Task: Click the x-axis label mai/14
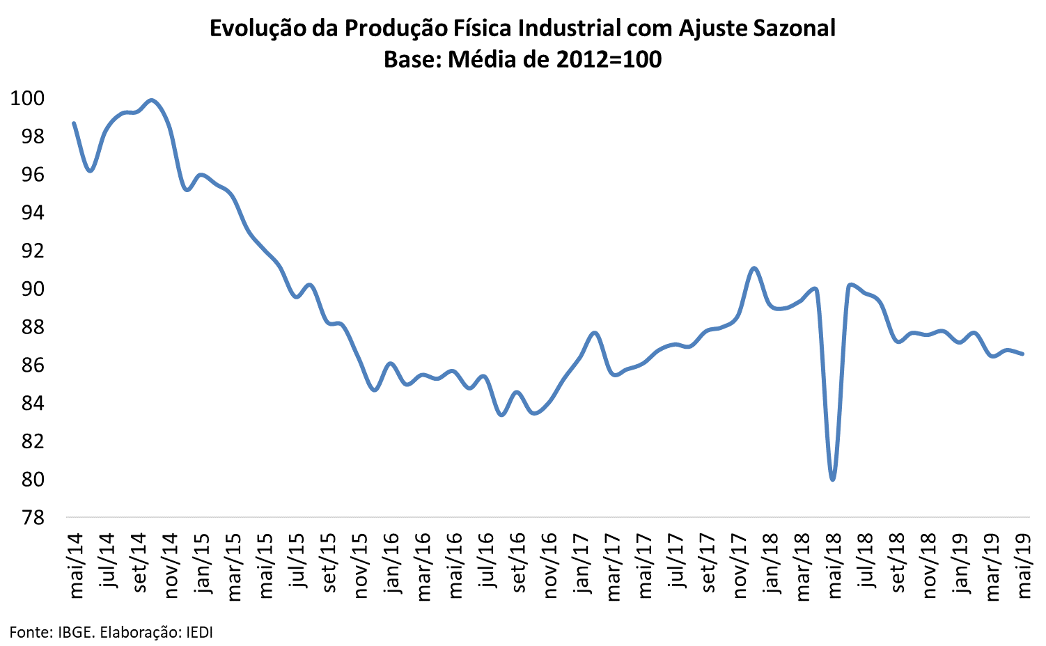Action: pos(75,565)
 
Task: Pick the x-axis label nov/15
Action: pos(360,566)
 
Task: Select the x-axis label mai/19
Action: pos(1024,565)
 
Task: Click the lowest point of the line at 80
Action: pos(833,480)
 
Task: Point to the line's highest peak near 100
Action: pos(152,100)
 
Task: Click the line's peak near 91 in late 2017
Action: pos(754,268)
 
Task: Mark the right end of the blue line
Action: pos(1023,354)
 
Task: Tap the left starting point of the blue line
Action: pos(74,123)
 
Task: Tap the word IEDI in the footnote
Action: pos(198,632)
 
